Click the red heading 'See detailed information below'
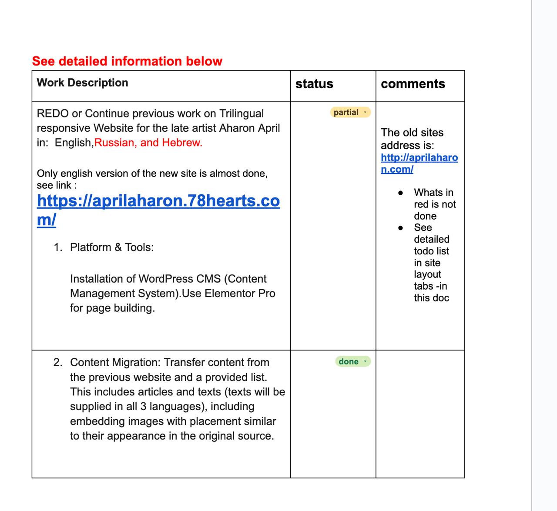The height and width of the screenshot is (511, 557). click(x=127, y=61)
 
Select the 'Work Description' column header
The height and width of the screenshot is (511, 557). click(x=82, y=83)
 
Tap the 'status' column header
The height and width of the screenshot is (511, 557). click(x=314, y=84)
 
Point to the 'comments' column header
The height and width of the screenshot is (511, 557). click(x=413, y=84)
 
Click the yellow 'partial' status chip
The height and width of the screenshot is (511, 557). click(x=346, y=112)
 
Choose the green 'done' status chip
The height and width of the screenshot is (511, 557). click(x=349, y=361)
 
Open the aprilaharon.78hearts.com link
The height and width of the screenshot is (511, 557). click(x=158, y=201)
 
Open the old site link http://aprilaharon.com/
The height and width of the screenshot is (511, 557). click(x=419, y=157)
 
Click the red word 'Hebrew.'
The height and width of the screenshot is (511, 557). click(x=182, y=143)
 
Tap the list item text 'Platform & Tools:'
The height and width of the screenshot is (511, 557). click(x=112, y=247)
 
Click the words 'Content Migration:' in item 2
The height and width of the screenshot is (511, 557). click(x=115, y=362)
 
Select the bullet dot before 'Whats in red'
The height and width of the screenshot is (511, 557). click(x=400, y=193)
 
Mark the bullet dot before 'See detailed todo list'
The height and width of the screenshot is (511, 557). click(x=400, y=228)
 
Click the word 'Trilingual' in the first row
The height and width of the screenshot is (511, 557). click(x=242, y=114)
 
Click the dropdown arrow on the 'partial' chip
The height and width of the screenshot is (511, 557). click(x=365, y=113)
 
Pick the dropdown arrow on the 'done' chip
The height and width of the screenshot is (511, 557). click(x=365, y=361)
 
